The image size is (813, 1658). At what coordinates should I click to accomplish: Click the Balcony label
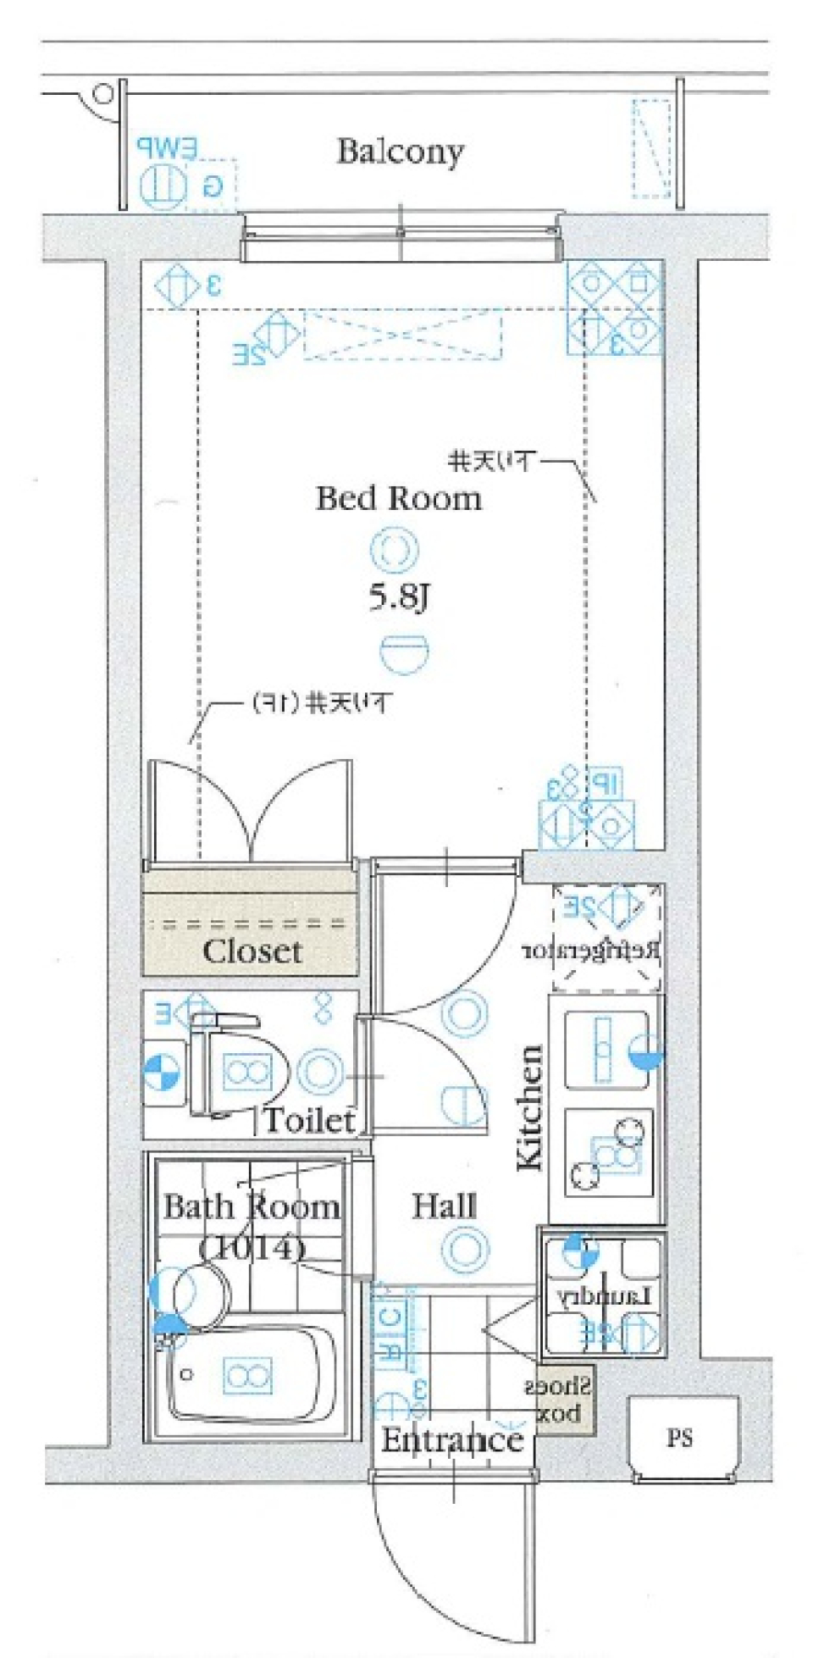click(400, 152)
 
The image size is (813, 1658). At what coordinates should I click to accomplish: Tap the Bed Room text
click(398, 497)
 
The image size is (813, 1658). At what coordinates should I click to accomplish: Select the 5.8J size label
click(399, 598)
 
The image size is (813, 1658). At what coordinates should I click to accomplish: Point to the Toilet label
click(309, 1120)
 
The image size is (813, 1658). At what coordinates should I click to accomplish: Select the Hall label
click(444, 1206)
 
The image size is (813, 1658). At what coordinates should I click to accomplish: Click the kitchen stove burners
click(608, 1153)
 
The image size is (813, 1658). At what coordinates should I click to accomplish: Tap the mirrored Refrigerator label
click(590, 951)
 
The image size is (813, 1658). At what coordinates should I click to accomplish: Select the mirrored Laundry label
click(603, 1296)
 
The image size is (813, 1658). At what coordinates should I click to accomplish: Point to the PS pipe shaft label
click(679, 1438)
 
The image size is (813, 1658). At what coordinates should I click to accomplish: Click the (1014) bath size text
click(252, 1246)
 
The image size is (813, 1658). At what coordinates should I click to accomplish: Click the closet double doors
click(250, 813)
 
